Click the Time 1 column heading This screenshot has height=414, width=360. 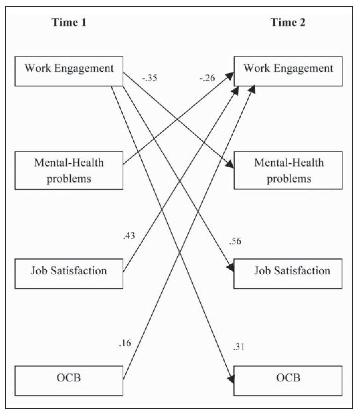pyautogui.click(x=69, y=22)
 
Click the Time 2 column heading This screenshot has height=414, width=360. pyautogui.click(x=288, y=22)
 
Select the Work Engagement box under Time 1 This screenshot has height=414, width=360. pyautogui.click(x=69, y=71)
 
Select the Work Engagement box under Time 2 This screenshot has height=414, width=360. pyautogui.click(x=288, y=71)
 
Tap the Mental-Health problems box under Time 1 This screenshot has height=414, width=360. pyautogui.click(x=69, y=171)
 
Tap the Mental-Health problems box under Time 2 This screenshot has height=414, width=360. pyautogui.click(x=288, y=171)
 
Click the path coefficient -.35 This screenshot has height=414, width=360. pyautogui.click(x=150, y=78)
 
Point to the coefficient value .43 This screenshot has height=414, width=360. pyautogui.click(x=129, y=236)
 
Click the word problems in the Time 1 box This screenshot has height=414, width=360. pyautogui.click(x=69, y=179)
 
